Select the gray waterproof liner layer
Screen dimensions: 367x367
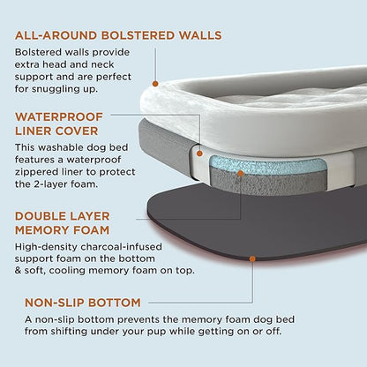(x=168, y=146)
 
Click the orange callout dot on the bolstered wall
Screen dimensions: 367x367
(x=156, y=84)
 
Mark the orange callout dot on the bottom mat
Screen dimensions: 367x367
(x=253, y=259)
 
